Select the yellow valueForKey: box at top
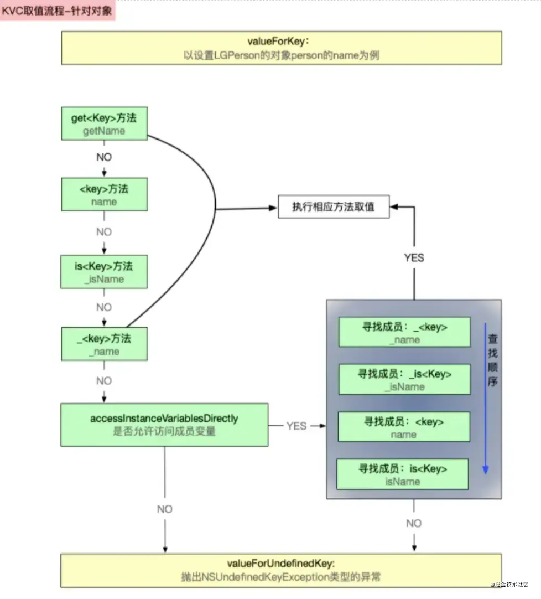pos(281,48)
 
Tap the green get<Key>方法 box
pos(104,123)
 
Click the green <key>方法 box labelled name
pos(104,194)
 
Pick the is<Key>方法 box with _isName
pos(104,272)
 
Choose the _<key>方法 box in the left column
pos(104,344)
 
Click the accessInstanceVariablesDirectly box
pos(164,425)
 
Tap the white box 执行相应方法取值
pos(333,207)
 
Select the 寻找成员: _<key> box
pos(404,332)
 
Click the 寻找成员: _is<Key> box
pos(404,379)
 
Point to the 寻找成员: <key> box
pos(404,427)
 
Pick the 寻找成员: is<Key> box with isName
pos(403,474)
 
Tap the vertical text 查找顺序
pos(492,360)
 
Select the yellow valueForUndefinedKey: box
pos(281,570)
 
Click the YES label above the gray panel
pos(414,257)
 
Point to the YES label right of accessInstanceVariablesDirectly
pos(296,426)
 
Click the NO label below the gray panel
pos(414,523)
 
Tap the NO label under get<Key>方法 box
pos(104,157)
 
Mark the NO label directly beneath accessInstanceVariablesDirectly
pos(165,509)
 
